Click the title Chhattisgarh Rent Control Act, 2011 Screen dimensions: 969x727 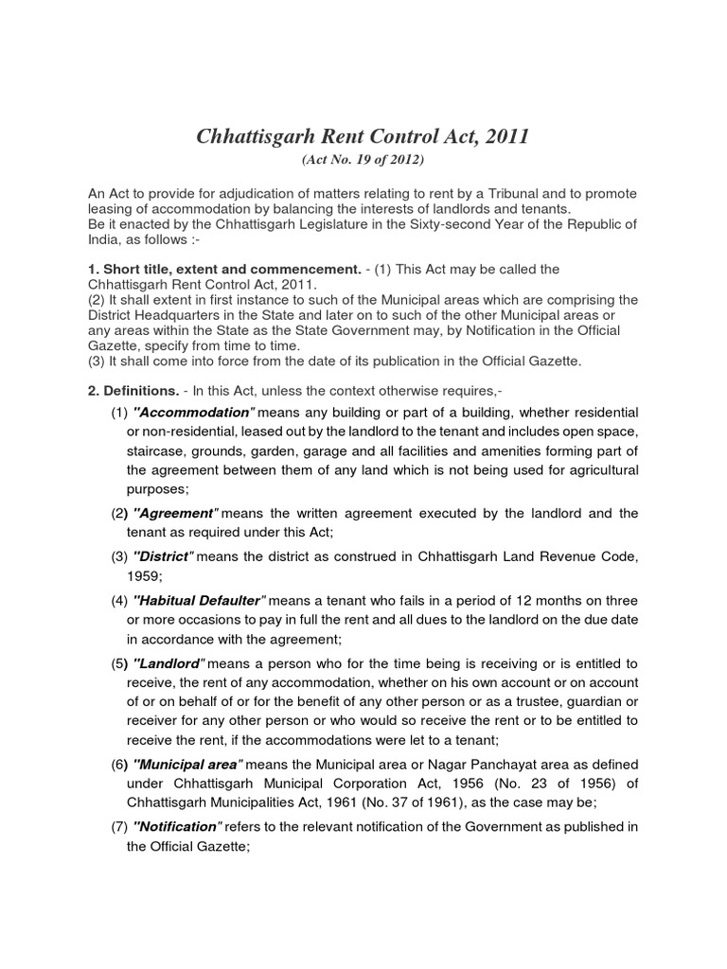363,136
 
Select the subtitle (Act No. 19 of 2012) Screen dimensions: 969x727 363,160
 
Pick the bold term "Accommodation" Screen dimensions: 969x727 194,413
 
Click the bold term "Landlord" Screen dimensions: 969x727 171,662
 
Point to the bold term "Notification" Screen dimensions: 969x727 176,827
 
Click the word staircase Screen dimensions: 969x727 151,450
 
